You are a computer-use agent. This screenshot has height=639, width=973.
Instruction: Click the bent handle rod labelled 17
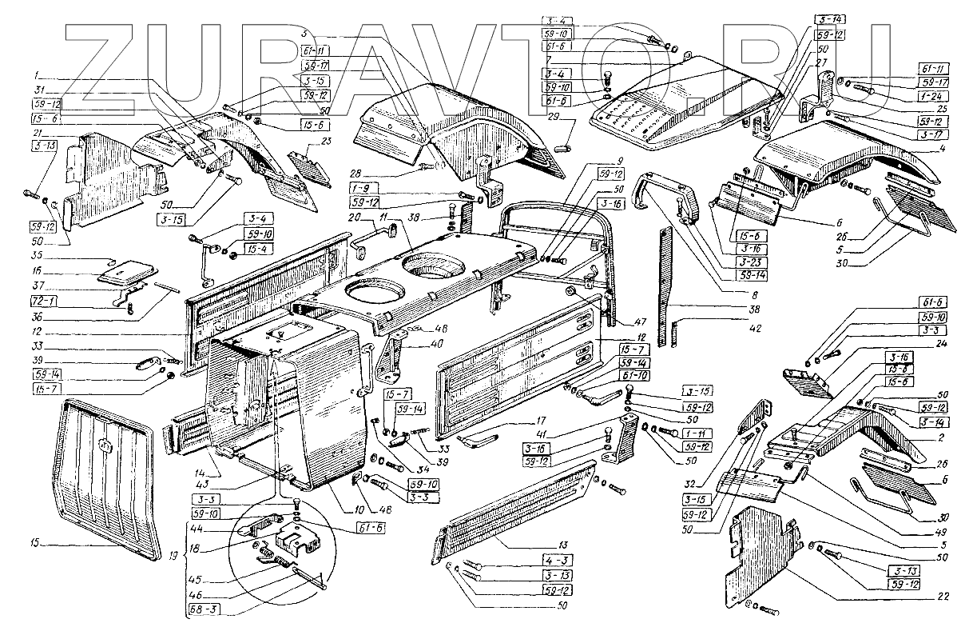click(479, 439)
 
